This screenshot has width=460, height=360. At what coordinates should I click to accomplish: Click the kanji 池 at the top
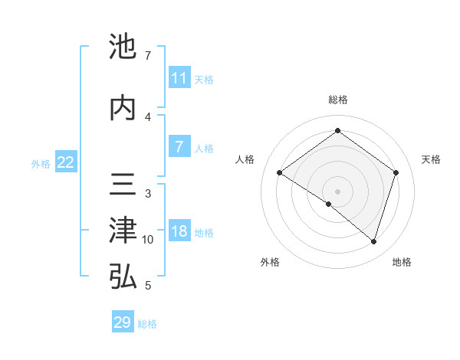click(123, 47)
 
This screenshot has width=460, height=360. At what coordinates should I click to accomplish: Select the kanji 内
click(123, 107)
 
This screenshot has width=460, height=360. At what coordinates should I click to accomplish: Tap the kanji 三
click(123, 185)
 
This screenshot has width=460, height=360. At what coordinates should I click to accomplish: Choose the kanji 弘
click(123, 277)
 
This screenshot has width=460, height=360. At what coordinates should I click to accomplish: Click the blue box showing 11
click(179, 78)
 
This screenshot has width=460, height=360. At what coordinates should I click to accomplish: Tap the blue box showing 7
click(179, 147)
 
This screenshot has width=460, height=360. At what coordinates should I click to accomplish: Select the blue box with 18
click(179, 232)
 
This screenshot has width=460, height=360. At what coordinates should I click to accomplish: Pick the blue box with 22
click(66, 162)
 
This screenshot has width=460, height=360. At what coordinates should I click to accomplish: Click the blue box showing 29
click(122, 322)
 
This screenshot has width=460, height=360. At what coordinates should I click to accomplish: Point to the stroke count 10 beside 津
click(148, 240)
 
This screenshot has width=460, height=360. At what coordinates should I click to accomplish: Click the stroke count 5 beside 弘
click(148, 286)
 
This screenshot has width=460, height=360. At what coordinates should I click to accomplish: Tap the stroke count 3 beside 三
click(148, 194)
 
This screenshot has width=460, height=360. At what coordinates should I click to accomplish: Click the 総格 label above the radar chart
click(337, 100)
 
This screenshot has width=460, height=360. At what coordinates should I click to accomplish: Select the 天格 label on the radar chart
click(431, 159)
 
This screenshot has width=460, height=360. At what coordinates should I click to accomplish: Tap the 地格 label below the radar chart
click(402, 262)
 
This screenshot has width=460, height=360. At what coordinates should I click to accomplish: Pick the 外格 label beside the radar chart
click(270, 262)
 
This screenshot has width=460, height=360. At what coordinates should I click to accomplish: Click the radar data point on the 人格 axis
click(279, 173)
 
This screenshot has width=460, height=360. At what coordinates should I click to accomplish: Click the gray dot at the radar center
click(337, 191)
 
